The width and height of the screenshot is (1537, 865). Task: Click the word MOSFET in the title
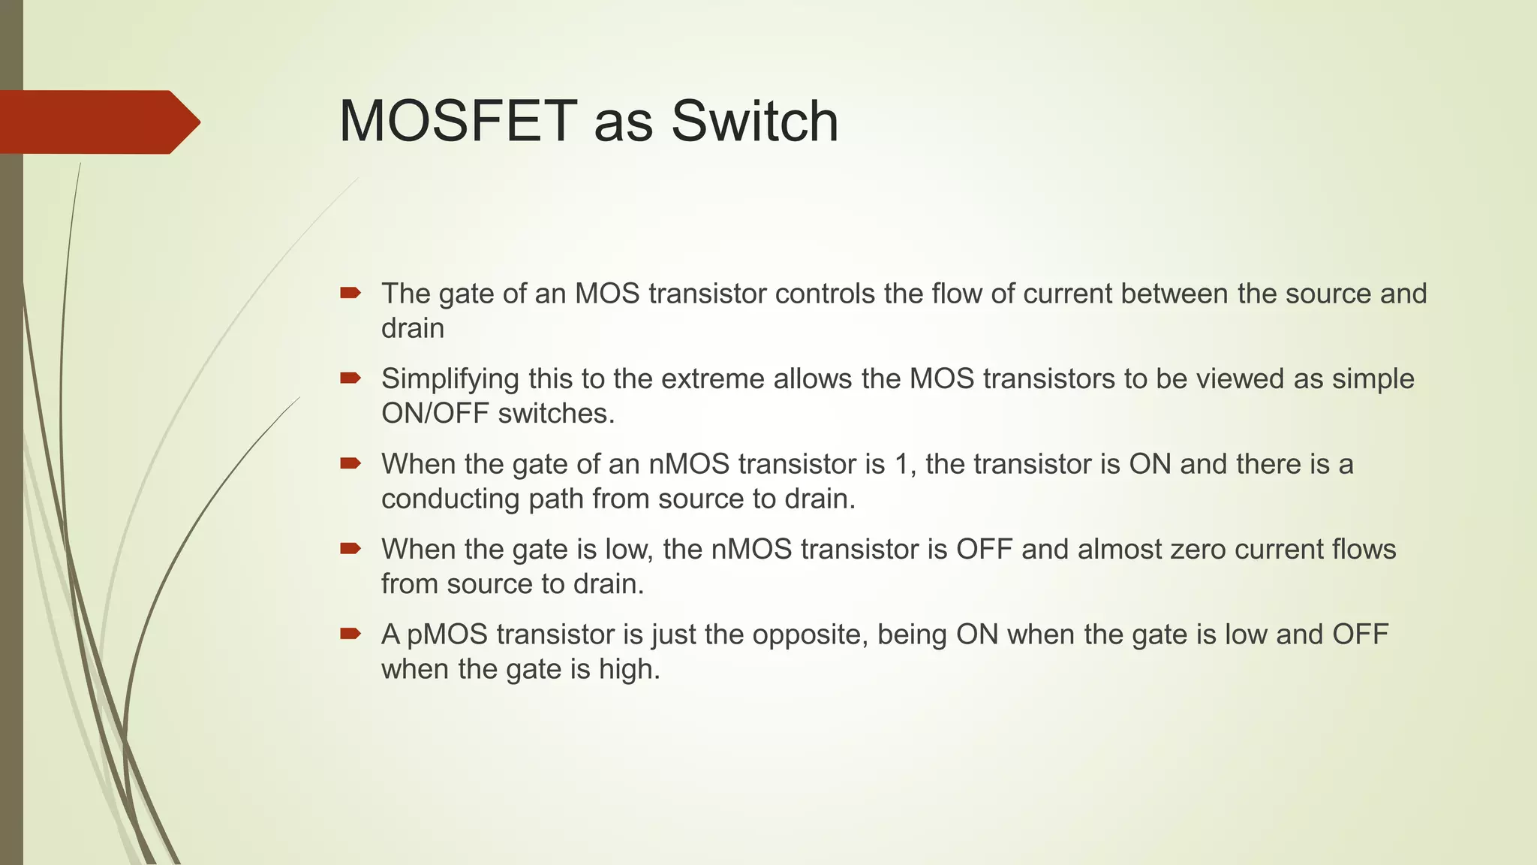point(458,121)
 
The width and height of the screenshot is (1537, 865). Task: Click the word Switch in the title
point(754,121)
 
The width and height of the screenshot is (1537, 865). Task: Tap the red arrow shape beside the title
point(98,122)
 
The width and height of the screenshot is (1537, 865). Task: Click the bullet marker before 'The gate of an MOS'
point(350,293)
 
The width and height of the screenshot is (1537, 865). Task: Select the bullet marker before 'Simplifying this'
point(350,378)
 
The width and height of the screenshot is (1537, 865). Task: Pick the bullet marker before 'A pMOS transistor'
point(350,634)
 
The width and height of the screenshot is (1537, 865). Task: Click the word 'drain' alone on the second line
point(413,329)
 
